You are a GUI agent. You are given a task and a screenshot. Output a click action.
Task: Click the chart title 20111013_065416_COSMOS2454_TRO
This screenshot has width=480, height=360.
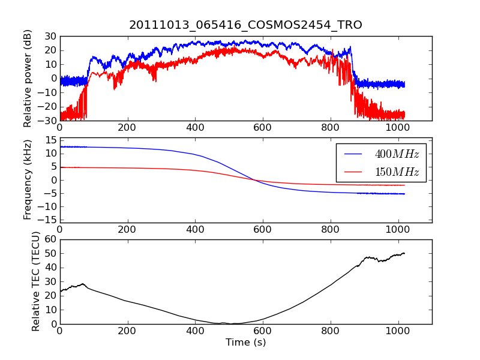(x=245, y=25)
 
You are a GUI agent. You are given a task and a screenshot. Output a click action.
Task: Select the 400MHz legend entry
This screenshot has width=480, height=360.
(x=397, y=154)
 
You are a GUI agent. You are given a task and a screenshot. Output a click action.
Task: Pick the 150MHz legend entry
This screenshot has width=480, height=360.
(x=397, y=172)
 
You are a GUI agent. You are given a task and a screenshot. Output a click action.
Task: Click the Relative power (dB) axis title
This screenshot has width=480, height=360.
(x=28, y=79)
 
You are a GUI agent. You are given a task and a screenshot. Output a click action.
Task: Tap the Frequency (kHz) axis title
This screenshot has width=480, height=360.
(x=28, y=180)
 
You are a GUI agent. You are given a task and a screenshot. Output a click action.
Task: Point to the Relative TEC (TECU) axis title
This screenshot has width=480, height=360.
(x=36, y=281)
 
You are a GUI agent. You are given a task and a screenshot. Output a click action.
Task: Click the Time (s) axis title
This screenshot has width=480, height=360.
(x=245, y=343)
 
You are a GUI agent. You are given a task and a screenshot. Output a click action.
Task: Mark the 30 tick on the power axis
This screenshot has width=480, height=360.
(x=49, y=36)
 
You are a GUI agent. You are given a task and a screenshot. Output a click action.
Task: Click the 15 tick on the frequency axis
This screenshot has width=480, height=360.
(x=49, y=140)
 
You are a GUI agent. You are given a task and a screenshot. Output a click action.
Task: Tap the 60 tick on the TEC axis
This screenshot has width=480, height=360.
(x=49, y=239)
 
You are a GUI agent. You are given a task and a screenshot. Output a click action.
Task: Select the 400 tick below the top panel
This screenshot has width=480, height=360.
(x=194, y=127)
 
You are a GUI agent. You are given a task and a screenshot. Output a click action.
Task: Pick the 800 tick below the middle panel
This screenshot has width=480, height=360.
(x=330, y=229)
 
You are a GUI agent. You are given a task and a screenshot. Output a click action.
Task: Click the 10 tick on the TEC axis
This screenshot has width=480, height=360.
(x=49, y=310)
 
